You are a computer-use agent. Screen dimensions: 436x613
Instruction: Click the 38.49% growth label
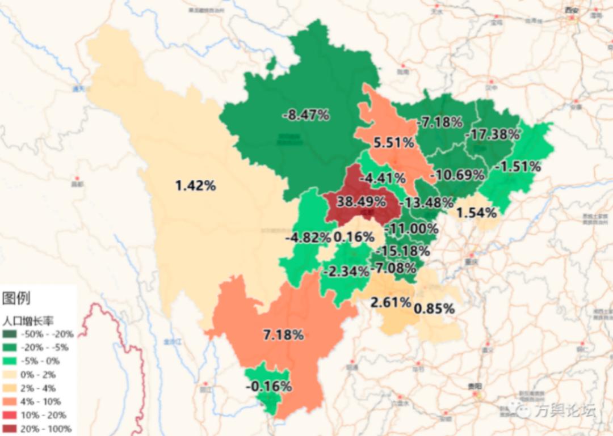point(360,202)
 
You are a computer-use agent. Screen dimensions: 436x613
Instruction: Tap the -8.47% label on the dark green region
point(306,115)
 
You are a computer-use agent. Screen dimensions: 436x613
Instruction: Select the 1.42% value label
point(195,185)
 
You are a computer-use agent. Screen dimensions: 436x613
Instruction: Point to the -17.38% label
point(492,134)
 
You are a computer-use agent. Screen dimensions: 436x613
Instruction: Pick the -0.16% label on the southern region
point(268,387)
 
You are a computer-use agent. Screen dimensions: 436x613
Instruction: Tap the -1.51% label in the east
point(517,167)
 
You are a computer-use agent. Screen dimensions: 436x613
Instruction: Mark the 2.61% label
point(391,302)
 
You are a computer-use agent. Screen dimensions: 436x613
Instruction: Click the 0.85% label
point(434,309)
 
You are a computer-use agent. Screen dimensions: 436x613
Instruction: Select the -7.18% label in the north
point(440,122)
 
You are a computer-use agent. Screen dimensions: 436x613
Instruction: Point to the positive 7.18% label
point(283,335)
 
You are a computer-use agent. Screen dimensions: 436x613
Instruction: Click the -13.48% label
point(426,202)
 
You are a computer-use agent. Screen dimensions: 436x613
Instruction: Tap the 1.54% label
point(477,213)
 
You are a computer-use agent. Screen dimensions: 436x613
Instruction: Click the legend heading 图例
point(16,298)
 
